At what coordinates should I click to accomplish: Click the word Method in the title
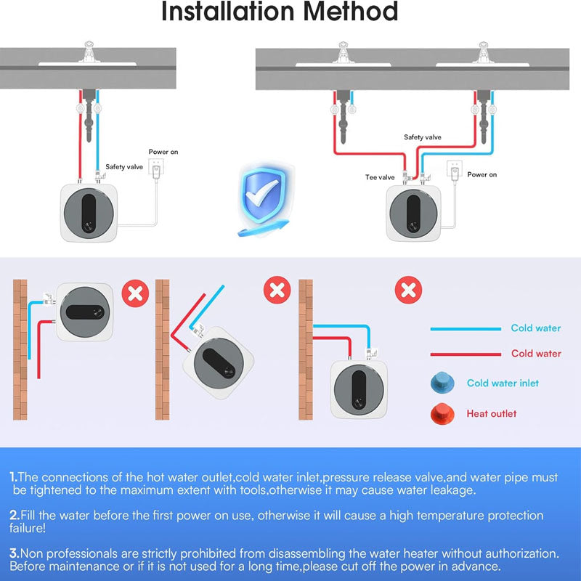350,11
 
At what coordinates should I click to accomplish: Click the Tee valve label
379,177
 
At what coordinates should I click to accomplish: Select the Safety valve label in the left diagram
124,167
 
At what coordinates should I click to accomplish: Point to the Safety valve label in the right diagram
423,137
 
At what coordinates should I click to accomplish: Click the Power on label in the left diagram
163,152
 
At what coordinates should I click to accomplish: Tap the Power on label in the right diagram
482,174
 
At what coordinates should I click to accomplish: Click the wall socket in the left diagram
156,168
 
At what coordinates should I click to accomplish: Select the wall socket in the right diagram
455,170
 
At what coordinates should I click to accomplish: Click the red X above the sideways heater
135,293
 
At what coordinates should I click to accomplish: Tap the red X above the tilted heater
277,290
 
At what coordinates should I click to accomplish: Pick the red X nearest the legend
408,290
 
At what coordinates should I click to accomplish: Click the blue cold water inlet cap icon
442,383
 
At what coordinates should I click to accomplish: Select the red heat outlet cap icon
442,413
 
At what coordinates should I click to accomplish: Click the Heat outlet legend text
492,413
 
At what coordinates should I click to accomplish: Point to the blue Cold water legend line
466,329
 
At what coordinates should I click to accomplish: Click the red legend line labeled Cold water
466,354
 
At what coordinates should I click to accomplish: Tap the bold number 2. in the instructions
15,515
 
